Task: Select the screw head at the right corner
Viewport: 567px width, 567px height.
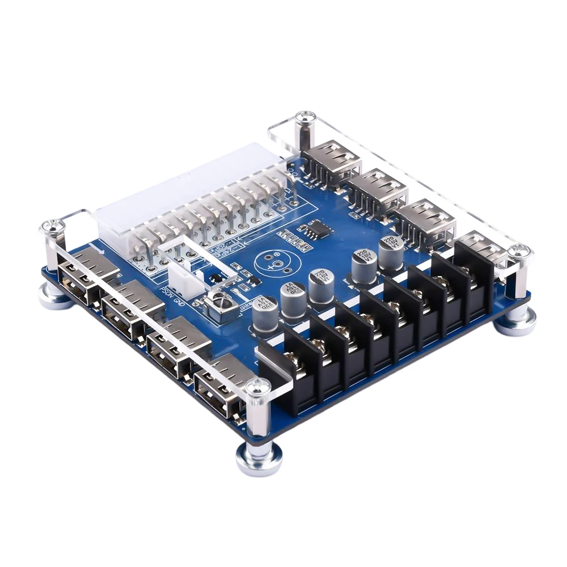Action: [x=518, y=250]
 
